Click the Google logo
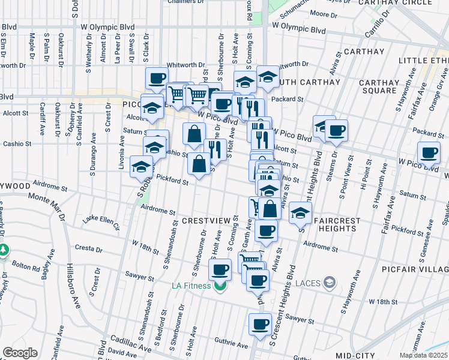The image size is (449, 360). [20, 353]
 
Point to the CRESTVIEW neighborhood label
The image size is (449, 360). [206, 221]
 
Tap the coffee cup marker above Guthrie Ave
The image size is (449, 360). [261, 325]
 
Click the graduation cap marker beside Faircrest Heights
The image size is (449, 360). [300, 212]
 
